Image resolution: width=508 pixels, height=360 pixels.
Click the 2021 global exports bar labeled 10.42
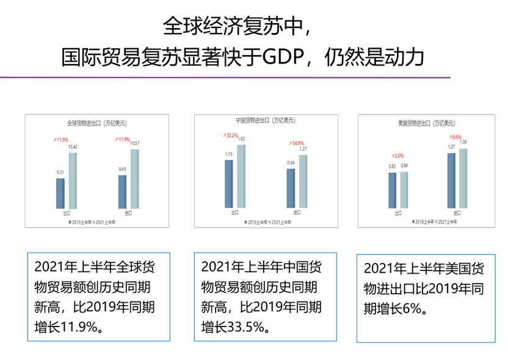tap(73, 180)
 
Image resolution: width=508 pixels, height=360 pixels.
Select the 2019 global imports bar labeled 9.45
tap(122, 192)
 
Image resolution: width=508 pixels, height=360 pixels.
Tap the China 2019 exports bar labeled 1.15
tap(229, 184)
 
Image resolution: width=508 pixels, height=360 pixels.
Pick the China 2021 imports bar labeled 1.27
tap(303, 181)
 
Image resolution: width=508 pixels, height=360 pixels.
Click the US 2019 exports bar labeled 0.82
tap(392, 190)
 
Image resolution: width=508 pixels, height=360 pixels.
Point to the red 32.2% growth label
tap(231, 135)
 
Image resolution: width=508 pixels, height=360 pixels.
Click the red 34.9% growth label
tap(296, 143)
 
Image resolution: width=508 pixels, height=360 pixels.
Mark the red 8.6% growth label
tap(456, 137)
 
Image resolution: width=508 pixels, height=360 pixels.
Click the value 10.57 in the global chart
tap(134, 143)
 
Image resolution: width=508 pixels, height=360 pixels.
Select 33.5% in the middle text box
tap(244, 327)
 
